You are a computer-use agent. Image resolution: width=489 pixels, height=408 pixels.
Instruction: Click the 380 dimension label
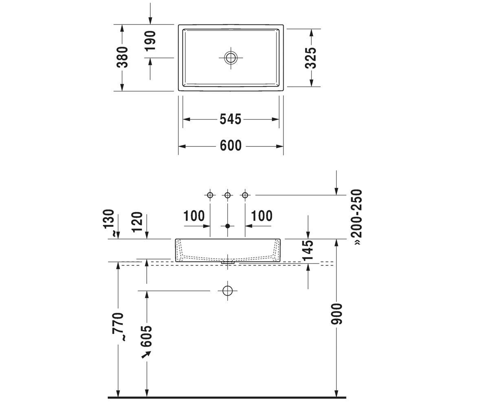click(x=122, y=58)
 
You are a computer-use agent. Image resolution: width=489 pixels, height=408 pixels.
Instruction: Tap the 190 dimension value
click(x=150, y=41)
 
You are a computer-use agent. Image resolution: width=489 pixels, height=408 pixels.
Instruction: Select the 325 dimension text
click(x=311, y=58)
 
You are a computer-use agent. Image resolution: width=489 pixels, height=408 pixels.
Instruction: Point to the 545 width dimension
click(x=231, y=119)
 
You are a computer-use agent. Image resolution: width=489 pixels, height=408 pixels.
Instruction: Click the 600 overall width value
click(x=231, y=146)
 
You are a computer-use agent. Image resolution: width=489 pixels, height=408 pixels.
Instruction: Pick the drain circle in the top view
click(x=231, y=58)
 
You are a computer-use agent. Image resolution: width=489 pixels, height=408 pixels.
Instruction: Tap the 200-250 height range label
click(x=357, y=217)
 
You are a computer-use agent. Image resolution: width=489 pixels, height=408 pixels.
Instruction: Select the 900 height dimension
click(x=337, y=314)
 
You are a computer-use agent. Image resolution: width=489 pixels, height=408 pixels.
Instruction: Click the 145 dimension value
click(x=308, y=251)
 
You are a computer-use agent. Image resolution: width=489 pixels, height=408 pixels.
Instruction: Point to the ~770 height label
click(x=118, y=327)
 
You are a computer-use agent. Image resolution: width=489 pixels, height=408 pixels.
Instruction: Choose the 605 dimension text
click(x=146, y=336)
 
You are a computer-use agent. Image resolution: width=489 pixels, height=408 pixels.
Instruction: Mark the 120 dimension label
click(x=137, y=222)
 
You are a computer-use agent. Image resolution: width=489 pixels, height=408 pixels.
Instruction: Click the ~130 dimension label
click(x=109, y=223)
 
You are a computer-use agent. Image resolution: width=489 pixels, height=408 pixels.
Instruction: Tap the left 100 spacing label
click(x=194, y=216)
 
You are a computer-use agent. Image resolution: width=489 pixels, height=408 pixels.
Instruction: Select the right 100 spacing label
click(x=262, y=216)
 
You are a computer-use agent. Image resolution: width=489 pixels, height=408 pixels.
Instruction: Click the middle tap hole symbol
click(x=227, y=195)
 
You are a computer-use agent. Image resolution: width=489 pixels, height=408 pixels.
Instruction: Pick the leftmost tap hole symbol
click(x=210, y=195)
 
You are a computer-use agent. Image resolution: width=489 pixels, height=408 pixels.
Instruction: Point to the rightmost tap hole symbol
click(x=245, y=195)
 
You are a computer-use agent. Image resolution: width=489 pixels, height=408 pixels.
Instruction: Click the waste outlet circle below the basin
click(x=227, y=291)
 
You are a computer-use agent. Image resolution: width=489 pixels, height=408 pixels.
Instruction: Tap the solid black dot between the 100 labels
click(x=227, y=226)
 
